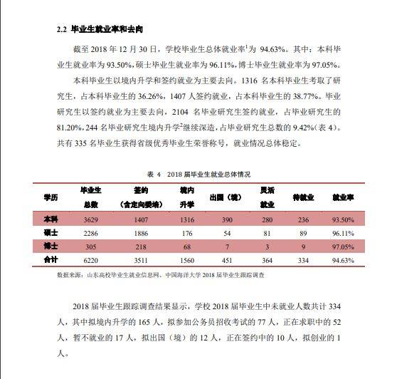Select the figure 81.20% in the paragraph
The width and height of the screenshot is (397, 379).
point(60,128)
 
